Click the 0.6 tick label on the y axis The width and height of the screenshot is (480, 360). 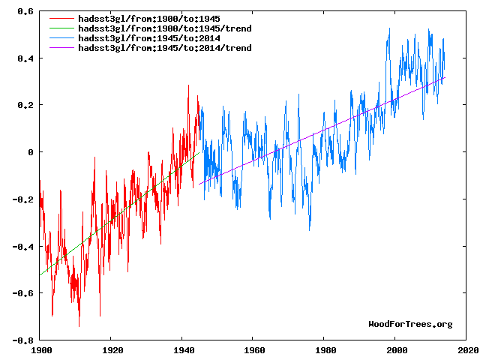[x=26, y=12]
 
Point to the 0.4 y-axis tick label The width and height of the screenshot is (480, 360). [x=26, y=58]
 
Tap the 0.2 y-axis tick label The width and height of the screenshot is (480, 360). [x=26, y=106]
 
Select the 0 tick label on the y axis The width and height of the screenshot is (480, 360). [x=31, y=152]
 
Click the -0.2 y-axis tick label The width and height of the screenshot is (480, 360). [x=24, y=199]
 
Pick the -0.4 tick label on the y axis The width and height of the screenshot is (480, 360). [x=24, y=246]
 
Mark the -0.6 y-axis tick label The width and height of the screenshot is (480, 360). [x=24, y=293]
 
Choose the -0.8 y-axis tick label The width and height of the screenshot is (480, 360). [x=24, y=340]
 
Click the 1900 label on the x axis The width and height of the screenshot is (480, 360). [x=40, y=349]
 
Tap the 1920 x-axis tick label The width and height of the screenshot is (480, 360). [x=112, y=349]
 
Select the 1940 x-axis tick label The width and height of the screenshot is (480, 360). [x=183, y=349]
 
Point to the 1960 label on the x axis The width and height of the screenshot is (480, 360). [x=254, y=349]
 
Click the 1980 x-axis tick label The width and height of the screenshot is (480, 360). [x=325, y=349]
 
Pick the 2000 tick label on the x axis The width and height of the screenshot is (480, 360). [x=397, y=349]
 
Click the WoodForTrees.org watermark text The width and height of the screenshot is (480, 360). [x=410, y=324]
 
